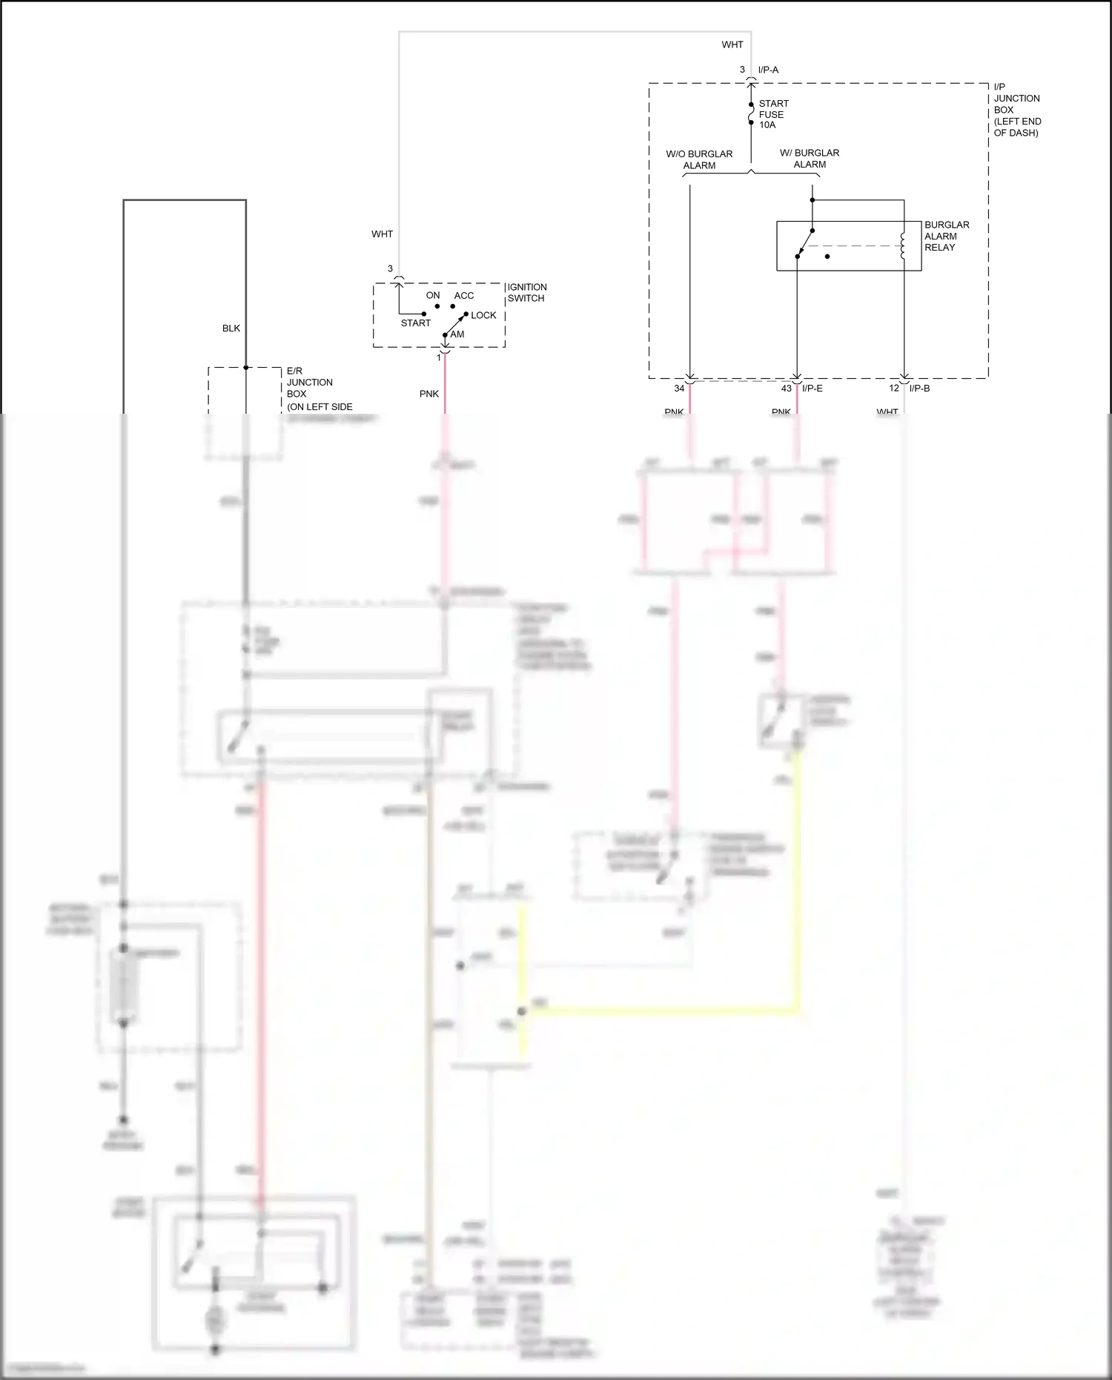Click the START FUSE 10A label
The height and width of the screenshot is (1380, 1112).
pyautogui.click(x=772, y=114)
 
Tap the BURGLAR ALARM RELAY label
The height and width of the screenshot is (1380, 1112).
pyautogui.click(x=946, y=236)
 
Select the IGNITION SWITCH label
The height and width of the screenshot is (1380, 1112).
pyautogui.click(x=526, y=293)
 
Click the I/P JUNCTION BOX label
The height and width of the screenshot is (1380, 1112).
pyautogui.click(x=1016, y=110)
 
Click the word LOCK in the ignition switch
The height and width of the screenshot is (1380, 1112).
pyautogui.click(x=483, y=315)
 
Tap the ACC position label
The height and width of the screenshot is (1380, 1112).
pyautogui.click(x=464, y=296)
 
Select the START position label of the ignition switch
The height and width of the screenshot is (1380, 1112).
pyautogui.click(x=415, y=323)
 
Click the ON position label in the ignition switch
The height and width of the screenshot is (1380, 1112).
pyautogui.click(x=433, y=296)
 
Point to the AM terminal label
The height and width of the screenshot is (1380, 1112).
pyautogui.click(x=457, y=334)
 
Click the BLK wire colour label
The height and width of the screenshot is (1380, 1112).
pyautogui.click(x=231, y=329)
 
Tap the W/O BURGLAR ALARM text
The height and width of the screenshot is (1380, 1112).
pyautogui.click(x=699, y=159)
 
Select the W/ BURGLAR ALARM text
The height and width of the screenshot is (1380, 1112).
pyautogui.click(x=810, y=159)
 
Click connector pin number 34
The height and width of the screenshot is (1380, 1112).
pyautogui.click(x=679, y=389)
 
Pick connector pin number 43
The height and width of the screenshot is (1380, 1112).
pyautogui.click(x=786, y=389)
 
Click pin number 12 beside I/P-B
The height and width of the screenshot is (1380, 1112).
pyautogui.click(x=894, y=389)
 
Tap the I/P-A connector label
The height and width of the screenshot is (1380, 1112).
pyautogui.click(x=768, y=70)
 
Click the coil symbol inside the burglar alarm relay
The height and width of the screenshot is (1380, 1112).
pyautogui.click(x=902, y=246)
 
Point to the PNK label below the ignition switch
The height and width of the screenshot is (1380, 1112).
pyautogui.click(x=429, y=394)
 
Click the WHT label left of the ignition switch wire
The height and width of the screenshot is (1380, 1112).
pyautogui.click(x=382, y=234)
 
